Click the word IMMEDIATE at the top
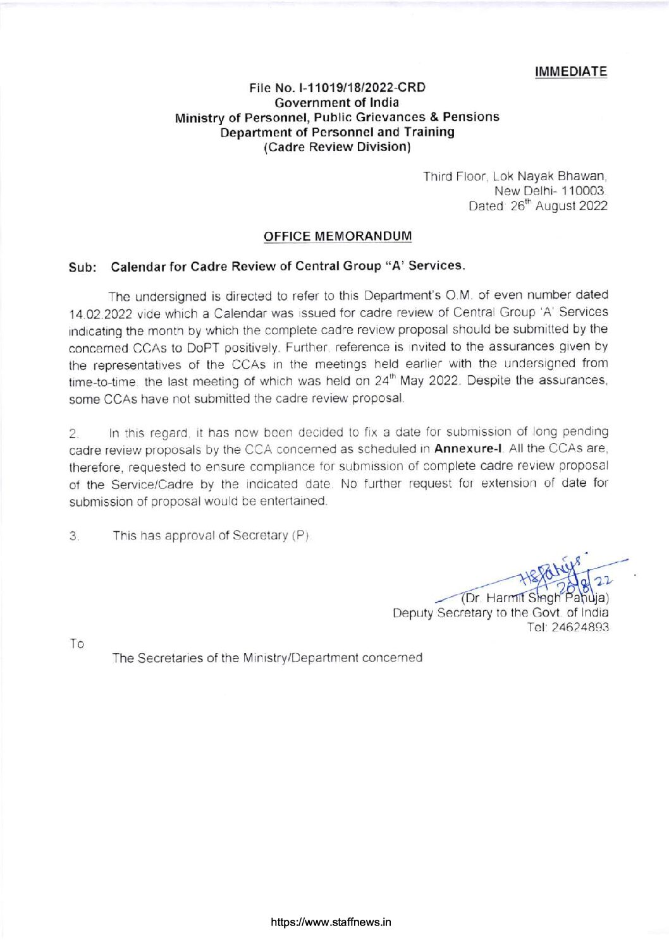pos(571,71)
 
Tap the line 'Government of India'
pos(336,102)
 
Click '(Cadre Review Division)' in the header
pos(337,147)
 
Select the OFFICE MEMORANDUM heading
pos(337,236)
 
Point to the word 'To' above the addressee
pos(77,644)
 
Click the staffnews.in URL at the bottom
pos(331,922)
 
